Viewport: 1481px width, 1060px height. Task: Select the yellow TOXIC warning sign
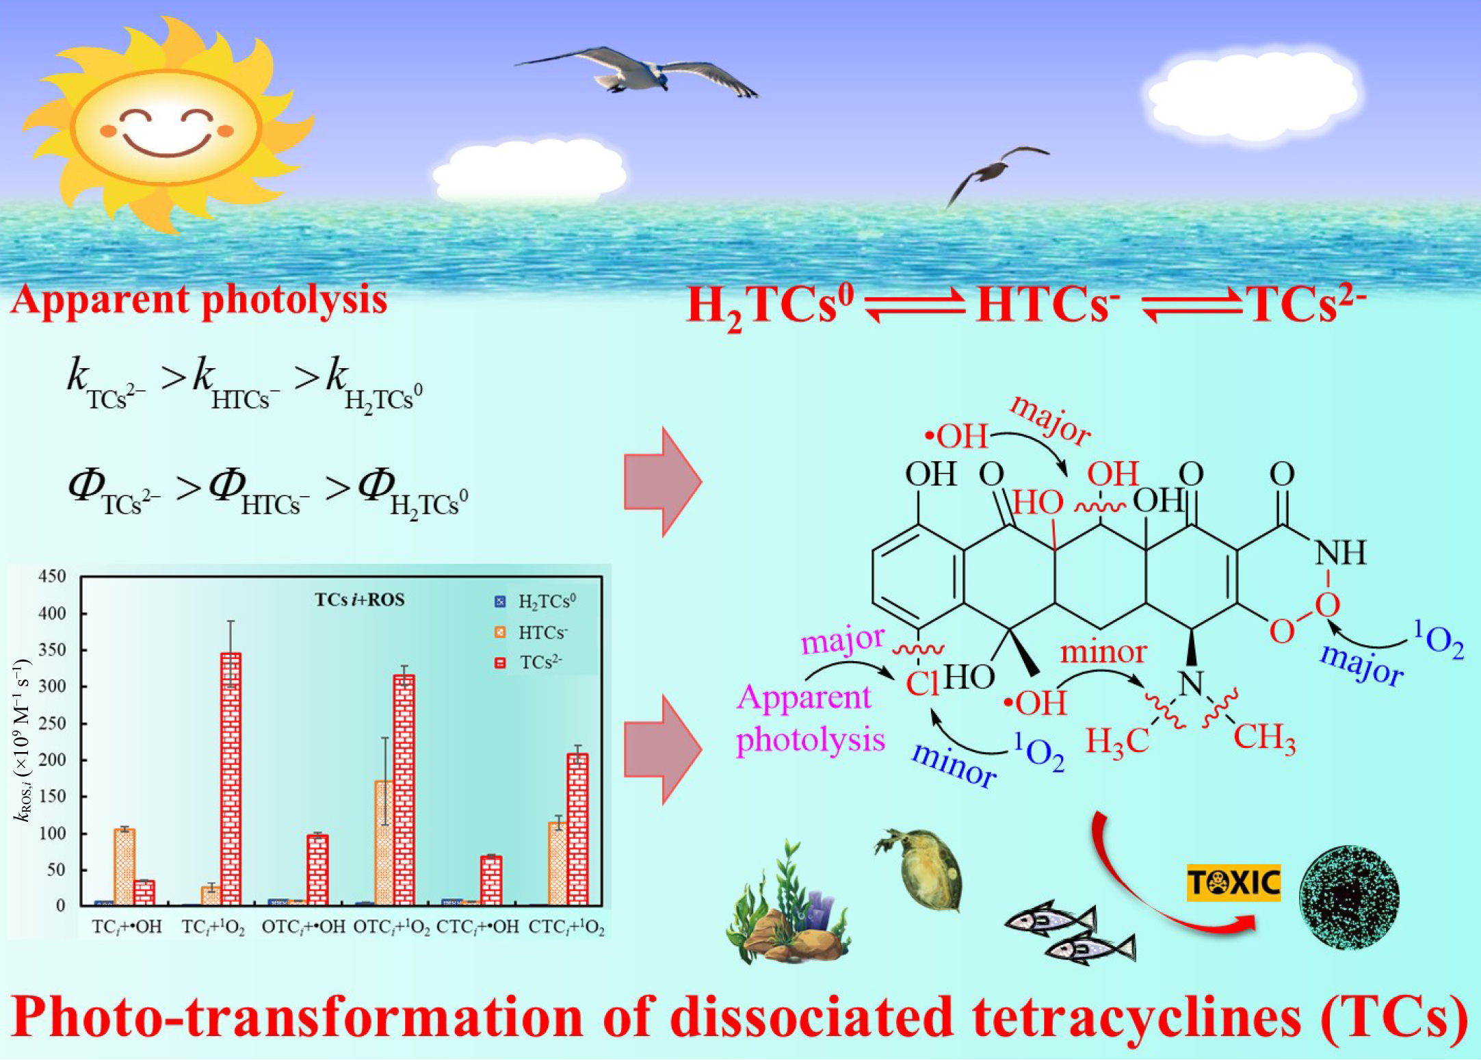coord(1233,883)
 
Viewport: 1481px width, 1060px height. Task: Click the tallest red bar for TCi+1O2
coord(231,779)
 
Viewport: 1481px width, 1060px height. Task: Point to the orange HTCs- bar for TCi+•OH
coord(124,867)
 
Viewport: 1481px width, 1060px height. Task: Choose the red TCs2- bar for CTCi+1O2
coord(577,829)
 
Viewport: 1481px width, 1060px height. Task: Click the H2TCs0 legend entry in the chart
coord(536,602)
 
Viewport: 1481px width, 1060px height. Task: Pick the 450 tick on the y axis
coord(53,576)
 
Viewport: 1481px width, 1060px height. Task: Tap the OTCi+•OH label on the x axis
coord(304,927)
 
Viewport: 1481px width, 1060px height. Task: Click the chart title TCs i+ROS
coord(360,600)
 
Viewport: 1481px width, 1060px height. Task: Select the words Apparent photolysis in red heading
coord(199,300)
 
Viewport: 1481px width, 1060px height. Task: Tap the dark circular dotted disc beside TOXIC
coord(1349,896)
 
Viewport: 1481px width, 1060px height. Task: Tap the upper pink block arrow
coord(663,482)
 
